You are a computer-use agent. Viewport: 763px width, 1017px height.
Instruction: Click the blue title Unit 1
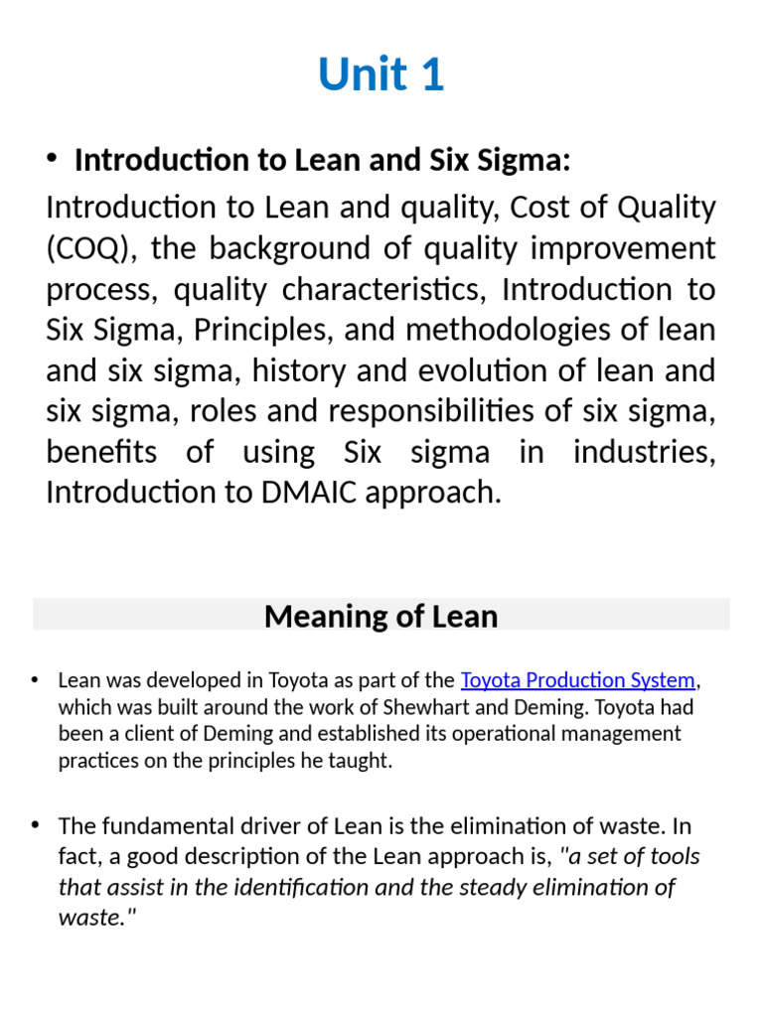tap(381, 75)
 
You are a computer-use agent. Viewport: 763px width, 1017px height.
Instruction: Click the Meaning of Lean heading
tap(381, 617)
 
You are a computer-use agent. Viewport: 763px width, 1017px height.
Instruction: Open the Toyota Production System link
tap(578, 681)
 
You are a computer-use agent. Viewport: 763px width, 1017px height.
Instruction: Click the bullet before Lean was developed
tap(35, 680)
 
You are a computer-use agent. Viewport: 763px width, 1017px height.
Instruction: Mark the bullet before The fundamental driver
tap(35, 825)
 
